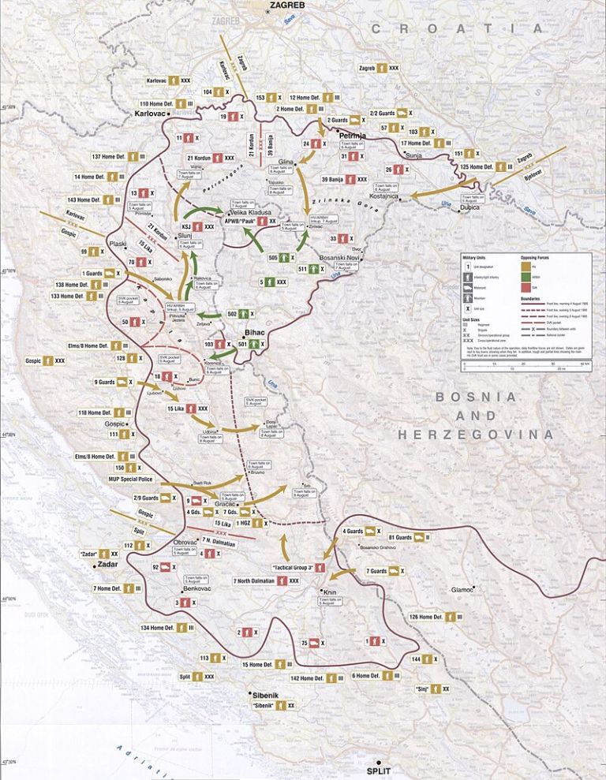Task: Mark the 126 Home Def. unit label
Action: pos(425,617)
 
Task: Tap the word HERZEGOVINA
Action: pos(476,434)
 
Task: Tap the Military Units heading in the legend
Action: pos(479,257)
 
